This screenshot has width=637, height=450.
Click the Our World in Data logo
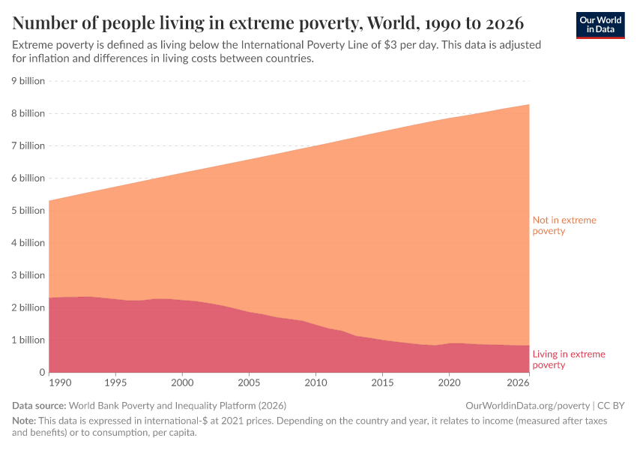(x=600, y=25)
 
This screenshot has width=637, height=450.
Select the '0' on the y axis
(x=42, y=373)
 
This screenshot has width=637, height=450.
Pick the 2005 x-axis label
(x=249, y=382)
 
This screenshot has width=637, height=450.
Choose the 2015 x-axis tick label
(x=382, y=382)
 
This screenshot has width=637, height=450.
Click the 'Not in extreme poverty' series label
(x=559, y=226)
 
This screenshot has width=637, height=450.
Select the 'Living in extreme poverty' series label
(x=568, y=359)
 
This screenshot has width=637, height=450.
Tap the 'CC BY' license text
(x=611, y=405)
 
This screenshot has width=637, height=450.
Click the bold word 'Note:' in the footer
(x=25, y=421)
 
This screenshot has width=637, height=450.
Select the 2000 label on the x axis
(x=182, y=382)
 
